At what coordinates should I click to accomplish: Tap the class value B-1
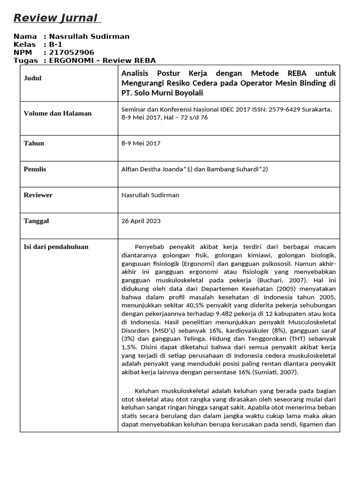point(56,45)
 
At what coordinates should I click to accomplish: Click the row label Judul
point(33,78)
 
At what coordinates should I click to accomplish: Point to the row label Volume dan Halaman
point(58,113)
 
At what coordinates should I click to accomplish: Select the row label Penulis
point(35,169)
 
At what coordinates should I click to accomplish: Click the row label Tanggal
point(37,221)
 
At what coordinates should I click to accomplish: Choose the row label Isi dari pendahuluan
point(56,247)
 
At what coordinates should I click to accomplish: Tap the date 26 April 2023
point(141,221)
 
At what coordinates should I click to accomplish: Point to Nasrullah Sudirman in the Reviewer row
point(150,195)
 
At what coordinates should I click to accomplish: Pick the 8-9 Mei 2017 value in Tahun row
point(141,143)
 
